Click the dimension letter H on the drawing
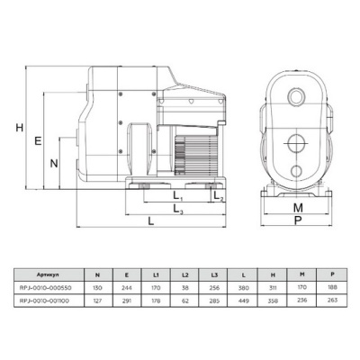[19, 129]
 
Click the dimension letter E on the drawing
[37, 141]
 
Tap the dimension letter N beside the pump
[54, 164]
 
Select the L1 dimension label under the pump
[177, 196]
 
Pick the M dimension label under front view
[298, 208]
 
